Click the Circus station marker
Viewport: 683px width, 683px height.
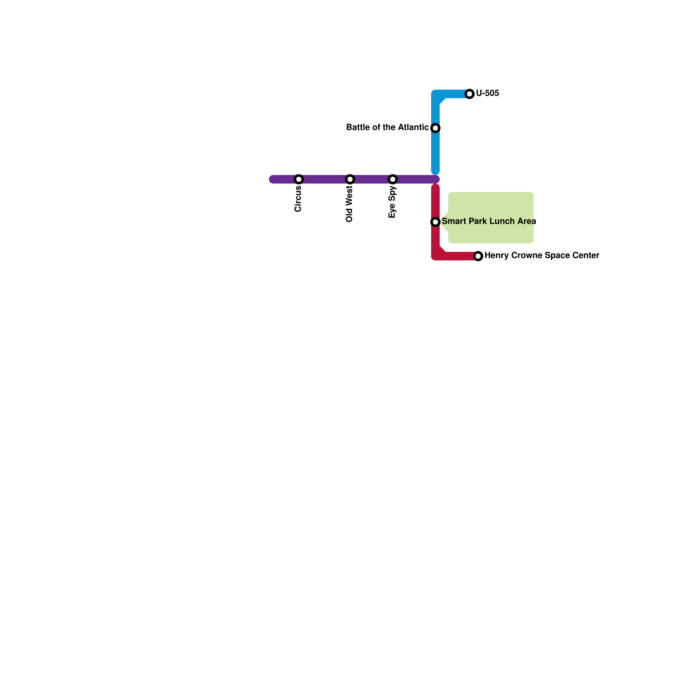click(x=299, y=179)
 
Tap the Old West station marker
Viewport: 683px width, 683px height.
click(x=350, y=179)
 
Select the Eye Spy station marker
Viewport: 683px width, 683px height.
click(x=393, y=179)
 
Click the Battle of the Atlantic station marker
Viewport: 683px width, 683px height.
click(x=435, y=128)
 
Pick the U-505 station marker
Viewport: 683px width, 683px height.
click(x=470, y=94)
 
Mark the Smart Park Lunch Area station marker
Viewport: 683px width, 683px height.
click(x=435, y=222)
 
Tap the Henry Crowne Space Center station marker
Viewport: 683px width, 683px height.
click(x=478, y=256)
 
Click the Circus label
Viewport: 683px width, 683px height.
click(x=298, y=199)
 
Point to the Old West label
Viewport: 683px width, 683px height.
click(x=350, y=204)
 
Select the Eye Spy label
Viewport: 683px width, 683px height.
click(x=392, y=202)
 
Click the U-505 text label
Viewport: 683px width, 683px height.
click(x=487, y=93)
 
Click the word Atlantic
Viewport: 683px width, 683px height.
click(x=413, y=128)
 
